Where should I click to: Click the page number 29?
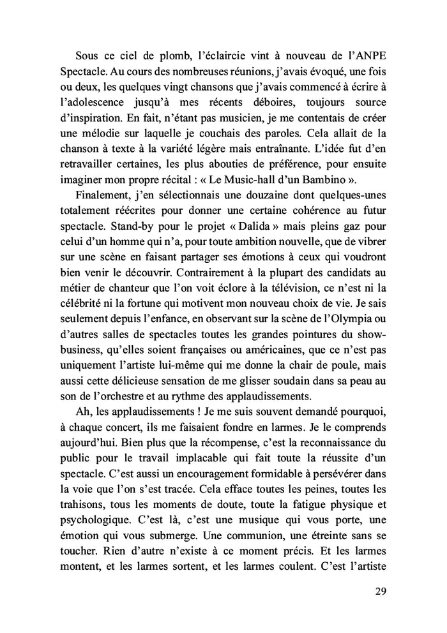pos(381,591)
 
